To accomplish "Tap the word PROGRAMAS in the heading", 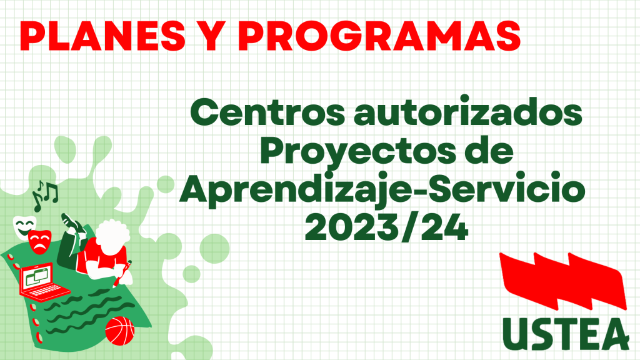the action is point(379,36).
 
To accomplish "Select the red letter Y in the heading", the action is point(212,36).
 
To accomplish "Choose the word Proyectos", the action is point(357,152).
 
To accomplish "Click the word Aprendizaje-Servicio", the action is point(382,190).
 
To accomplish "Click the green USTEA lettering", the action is point(566,334).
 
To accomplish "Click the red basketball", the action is point(119,331).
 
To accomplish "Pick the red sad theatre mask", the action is point(39,242).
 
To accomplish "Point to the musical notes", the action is point(45,195).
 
